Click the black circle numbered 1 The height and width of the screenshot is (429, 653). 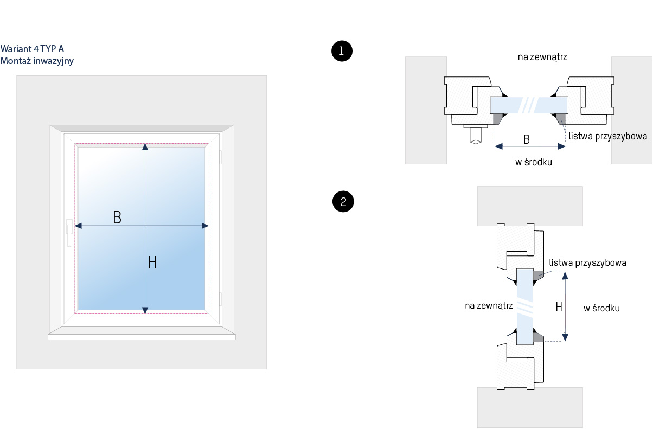(342, 51)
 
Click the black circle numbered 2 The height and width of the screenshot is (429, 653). (343, 202)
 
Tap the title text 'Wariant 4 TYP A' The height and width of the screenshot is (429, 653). (32, 49)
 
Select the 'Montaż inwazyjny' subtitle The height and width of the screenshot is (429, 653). (37, 61)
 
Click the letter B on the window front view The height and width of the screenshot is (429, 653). (117, 217)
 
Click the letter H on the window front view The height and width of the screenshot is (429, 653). (152, 262)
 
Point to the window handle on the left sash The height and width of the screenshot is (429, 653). (69, 233)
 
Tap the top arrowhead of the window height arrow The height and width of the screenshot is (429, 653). (145, 146)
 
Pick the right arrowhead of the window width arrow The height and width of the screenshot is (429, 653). (205, 226)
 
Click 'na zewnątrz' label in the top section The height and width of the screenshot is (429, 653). (542, 57)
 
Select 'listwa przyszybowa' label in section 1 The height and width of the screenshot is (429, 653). (607, 136)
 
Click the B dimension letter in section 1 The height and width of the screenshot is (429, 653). (526, 139)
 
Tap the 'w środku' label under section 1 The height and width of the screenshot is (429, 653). (534, 162)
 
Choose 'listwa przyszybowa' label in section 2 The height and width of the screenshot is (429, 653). (587, 263)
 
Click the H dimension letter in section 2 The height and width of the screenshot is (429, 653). (559, 307)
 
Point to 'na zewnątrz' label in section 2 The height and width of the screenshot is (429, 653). (489, 306)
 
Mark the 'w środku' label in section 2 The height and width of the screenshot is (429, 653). (601, 309)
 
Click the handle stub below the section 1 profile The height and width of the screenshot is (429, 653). (476, 135)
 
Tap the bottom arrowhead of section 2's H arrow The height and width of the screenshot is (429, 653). (565, 337)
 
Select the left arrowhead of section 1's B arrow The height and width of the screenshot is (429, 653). (499, 146)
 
